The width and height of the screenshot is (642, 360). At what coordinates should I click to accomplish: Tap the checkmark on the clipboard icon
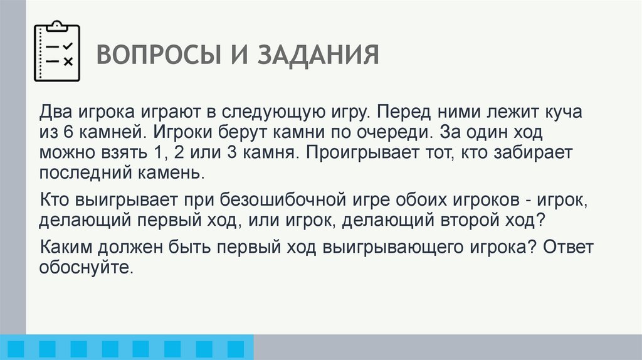pos(68,46)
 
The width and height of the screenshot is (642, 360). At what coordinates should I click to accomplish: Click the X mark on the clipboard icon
pos(68,61)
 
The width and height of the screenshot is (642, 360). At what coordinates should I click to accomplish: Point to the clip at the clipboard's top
pos(58,25)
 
